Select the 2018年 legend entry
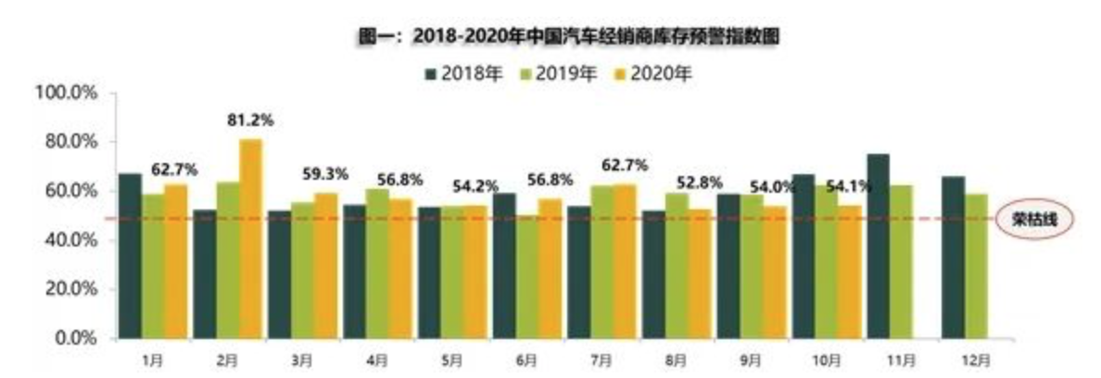click(x=463, y=72)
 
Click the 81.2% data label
click(x=250, y=120)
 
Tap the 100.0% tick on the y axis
click(x=66, y=93)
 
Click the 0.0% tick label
click(x=73, y=338)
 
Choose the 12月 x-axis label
click(x=963, y=359)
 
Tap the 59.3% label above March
click(x=325, y=173)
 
